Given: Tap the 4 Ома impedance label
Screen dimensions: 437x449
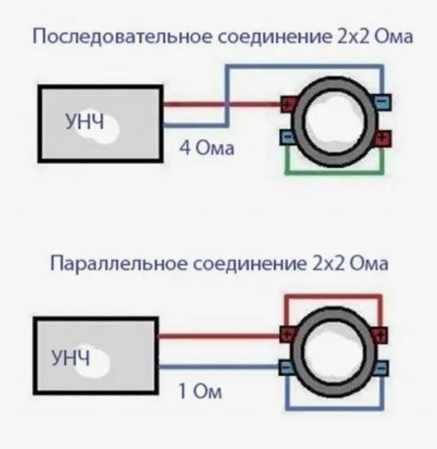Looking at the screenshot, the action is pos(207,149).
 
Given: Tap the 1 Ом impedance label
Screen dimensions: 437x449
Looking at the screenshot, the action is pos(200,392).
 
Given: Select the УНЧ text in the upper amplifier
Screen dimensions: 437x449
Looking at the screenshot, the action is pos(85,122).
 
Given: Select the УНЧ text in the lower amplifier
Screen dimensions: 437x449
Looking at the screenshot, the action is pos(71,358).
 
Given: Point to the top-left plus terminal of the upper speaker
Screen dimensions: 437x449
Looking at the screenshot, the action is pos(287,105).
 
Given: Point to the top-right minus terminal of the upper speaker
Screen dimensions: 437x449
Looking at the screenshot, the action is pos(382,101).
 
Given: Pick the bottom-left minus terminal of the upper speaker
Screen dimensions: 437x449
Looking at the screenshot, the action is pos(287,137).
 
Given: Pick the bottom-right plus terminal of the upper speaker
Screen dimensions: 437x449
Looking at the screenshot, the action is pos(383,139).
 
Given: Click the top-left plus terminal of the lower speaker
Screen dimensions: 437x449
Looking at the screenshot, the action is pos(287,334).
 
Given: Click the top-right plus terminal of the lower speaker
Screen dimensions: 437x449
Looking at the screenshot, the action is pos(380,335).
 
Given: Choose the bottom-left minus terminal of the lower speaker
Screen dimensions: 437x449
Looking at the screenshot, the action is pos(287,367).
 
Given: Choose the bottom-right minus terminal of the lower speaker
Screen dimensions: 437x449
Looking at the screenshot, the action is pos(381,368).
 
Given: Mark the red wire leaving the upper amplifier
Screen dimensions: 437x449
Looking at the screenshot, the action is pos(222,105).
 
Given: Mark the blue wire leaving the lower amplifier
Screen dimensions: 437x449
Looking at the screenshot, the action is pos(218,367).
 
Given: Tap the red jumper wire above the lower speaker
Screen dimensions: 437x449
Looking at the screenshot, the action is pos(334,297).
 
